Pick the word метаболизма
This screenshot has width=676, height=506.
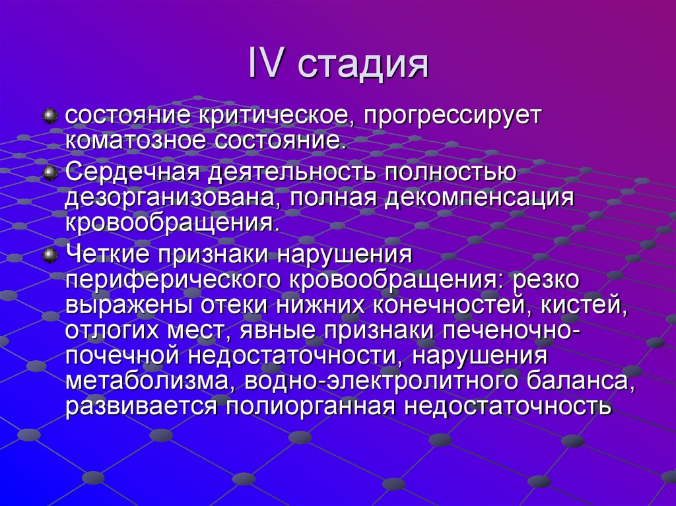tap(149, 381)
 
